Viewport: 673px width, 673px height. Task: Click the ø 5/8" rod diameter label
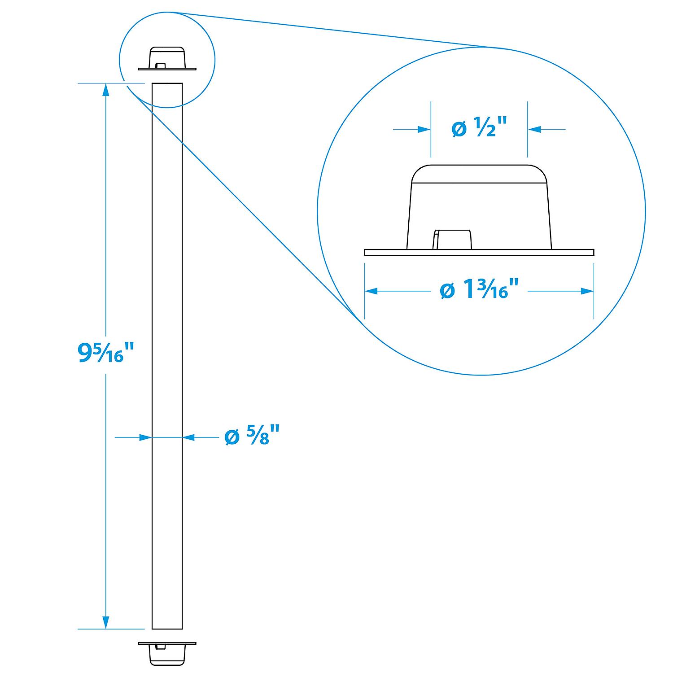click(x=252, y=437)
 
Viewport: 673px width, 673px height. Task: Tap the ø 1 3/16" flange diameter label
click(x=480, y=291)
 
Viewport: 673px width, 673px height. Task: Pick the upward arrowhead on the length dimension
click(x=106, y=90)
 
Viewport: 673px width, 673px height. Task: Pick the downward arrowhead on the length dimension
click(x=106, y=622)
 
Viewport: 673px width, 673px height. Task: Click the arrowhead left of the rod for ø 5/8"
click(x=145, y=437)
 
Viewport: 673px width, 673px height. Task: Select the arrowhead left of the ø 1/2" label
click(x=424, y=130)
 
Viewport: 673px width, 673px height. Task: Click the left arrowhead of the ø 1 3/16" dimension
click(x=371, y=291)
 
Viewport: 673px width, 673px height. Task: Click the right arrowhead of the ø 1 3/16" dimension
click(x=587, y=291)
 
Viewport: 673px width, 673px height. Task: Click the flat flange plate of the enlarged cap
click(x=479, y=253)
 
